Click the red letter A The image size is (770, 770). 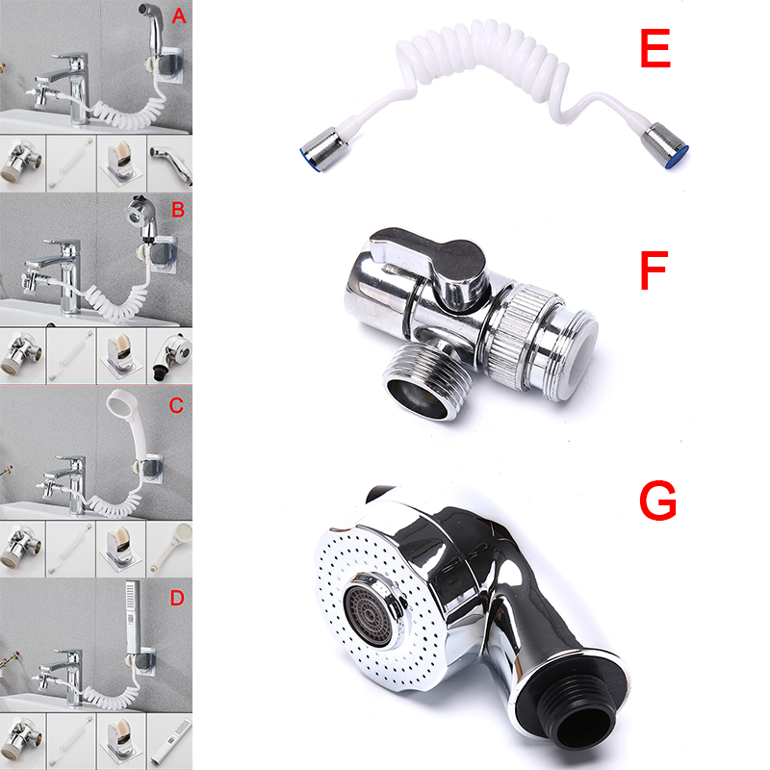click(179, 16)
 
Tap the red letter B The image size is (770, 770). click(178, 210)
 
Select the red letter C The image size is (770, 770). click(176, 405)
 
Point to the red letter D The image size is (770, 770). click(177, 598)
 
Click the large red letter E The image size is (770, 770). click(655, 48)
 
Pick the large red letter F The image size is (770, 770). click(654, 270)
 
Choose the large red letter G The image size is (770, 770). click(658, 500)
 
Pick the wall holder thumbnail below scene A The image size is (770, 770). click(121, 164)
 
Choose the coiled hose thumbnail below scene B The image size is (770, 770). click(71, 356)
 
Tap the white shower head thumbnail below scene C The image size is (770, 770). click(169, 549)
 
